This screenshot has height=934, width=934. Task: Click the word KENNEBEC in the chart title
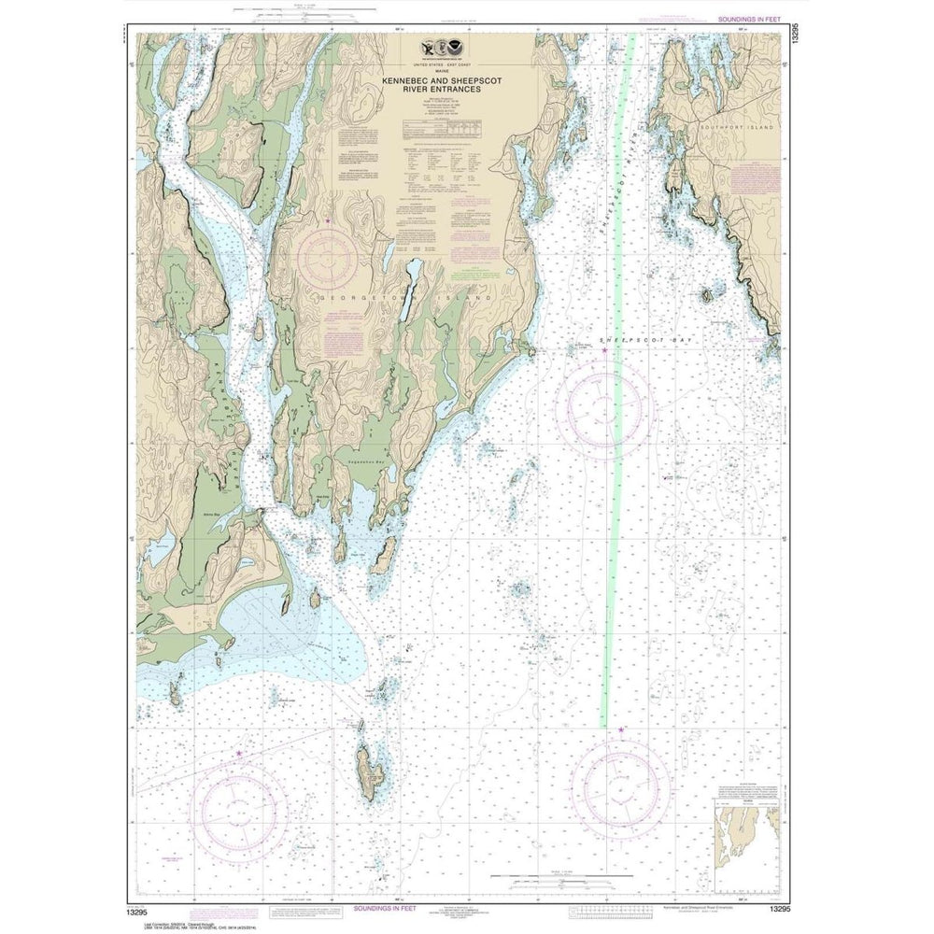click(x=404, y=81)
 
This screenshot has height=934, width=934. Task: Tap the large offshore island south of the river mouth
click(x=369, y=772)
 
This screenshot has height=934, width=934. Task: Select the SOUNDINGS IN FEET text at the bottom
click(x=391, y=908)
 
